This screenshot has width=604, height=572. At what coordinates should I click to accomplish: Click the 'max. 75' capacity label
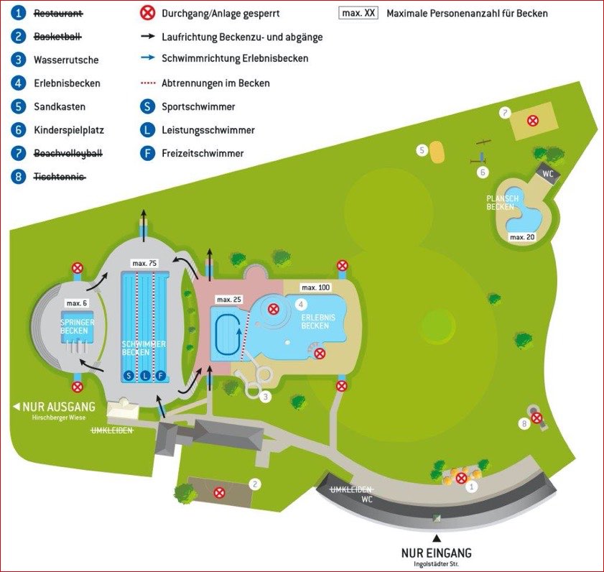click(x=145, y=264)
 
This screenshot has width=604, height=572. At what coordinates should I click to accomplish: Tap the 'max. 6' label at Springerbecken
click(x=76, y=303)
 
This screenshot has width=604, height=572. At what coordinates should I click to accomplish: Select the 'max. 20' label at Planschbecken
click(x=521, y=236)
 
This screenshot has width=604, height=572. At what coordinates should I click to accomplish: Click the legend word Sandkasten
click(x=60, y=106)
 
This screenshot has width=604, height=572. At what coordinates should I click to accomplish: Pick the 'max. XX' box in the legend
click(x=358, y=13)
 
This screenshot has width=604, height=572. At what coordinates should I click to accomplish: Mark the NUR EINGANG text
click(x=436, y=553)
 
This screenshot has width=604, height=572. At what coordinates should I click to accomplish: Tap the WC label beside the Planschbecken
click(x=547, y=173)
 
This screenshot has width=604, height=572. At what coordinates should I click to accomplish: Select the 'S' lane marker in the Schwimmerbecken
click(x=129, y=375)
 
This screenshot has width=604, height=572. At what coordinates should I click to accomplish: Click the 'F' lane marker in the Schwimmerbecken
click(x=160, y=375)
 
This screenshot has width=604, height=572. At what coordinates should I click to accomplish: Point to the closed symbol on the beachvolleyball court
click(x=532, y=121)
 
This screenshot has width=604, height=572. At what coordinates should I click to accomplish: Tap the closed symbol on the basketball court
click(x=220, y=492)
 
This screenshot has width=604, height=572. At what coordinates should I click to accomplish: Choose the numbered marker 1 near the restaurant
click(x=472, y=486)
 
